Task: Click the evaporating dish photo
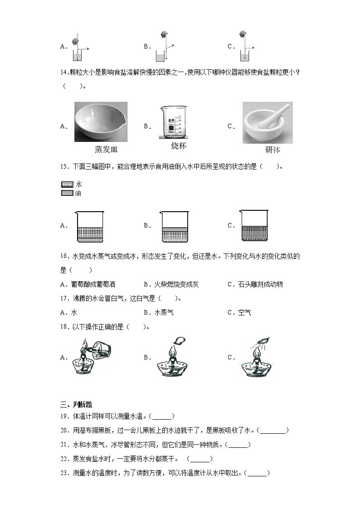(101, 122)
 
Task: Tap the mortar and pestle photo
(267, 122)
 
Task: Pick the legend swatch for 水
(67, 184)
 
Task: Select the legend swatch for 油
(67, 194)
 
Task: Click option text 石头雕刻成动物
(261, 284)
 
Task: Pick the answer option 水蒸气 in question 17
(164, 312)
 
